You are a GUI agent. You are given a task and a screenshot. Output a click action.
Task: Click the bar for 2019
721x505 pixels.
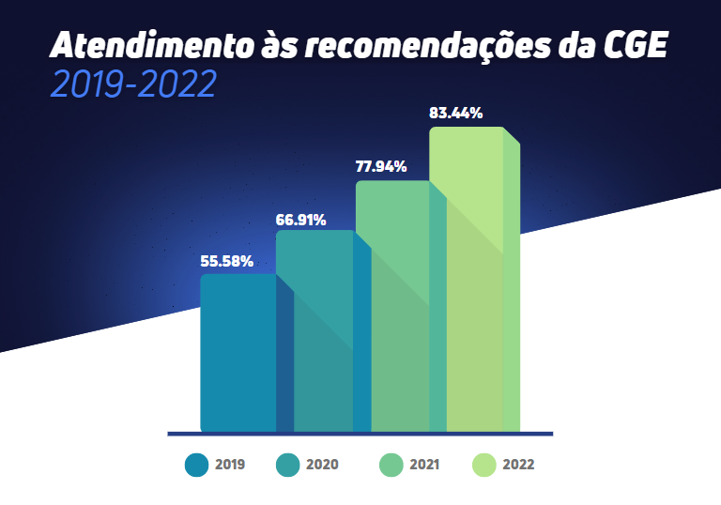tap(238, 352)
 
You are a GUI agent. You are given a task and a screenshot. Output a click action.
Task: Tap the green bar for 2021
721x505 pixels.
tap(392, 305)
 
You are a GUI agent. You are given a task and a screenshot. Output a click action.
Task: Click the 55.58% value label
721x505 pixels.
tap(227, 261)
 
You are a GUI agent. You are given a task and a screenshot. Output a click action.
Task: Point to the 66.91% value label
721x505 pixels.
tap(300, 221)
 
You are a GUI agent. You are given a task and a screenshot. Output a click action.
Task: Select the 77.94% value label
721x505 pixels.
tap(380, 167)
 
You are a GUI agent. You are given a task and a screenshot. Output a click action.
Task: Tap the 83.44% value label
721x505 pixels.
tap(456, 114)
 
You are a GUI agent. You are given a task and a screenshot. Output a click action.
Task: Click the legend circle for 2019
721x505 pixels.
tap(196, 465)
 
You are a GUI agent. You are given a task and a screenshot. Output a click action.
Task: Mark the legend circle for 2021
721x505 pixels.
tap(391, 465)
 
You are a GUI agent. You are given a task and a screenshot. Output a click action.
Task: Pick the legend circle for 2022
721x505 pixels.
tap(483, 465)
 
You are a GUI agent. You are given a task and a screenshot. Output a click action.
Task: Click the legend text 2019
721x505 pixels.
tap(230, 465)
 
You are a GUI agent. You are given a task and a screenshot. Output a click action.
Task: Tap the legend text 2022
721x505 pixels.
tap(518, 465)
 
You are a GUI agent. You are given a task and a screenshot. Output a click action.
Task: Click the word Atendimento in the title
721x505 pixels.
tap(139, 45)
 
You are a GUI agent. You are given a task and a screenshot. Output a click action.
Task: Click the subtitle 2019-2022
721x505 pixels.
tap(134, 84)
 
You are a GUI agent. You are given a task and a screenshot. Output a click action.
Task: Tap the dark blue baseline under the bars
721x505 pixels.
tap(360, 434)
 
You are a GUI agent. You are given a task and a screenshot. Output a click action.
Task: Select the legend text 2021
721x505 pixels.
tap(424, 465)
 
